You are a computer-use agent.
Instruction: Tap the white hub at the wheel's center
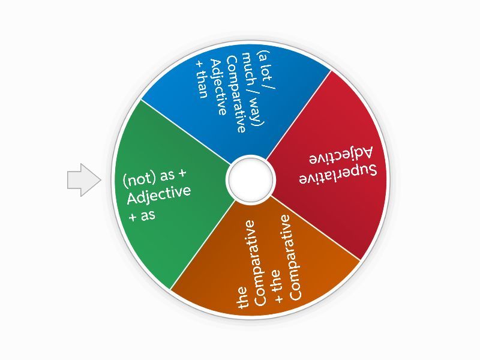coord(250,179)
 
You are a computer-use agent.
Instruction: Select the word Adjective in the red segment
coord(341,155)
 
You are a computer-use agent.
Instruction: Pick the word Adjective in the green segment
coord(159,194)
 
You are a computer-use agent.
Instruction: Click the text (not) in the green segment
coord(140,179)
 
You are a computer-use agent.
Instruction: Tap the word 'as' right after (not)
coord(167,176)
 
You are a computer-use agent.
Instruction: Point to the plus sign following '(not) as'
coord(181,173)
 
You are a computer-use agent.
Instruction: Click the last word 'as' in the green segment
coord(148,215)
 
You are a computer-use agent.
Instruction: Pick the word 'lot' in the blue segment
coord(266,72)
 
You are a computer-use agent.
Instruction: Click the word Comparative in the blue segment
coord(236,94)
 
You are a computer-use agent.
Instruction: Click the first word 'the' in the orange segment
coord(242,297)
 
